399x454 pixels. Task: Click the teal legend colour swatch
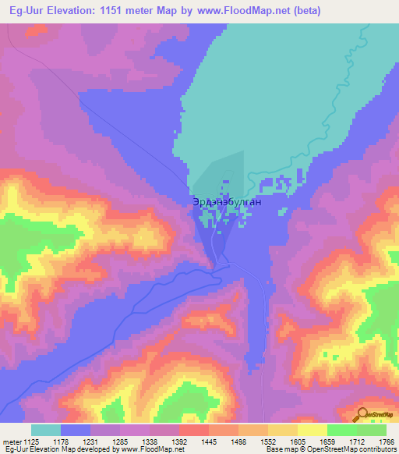46,430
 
